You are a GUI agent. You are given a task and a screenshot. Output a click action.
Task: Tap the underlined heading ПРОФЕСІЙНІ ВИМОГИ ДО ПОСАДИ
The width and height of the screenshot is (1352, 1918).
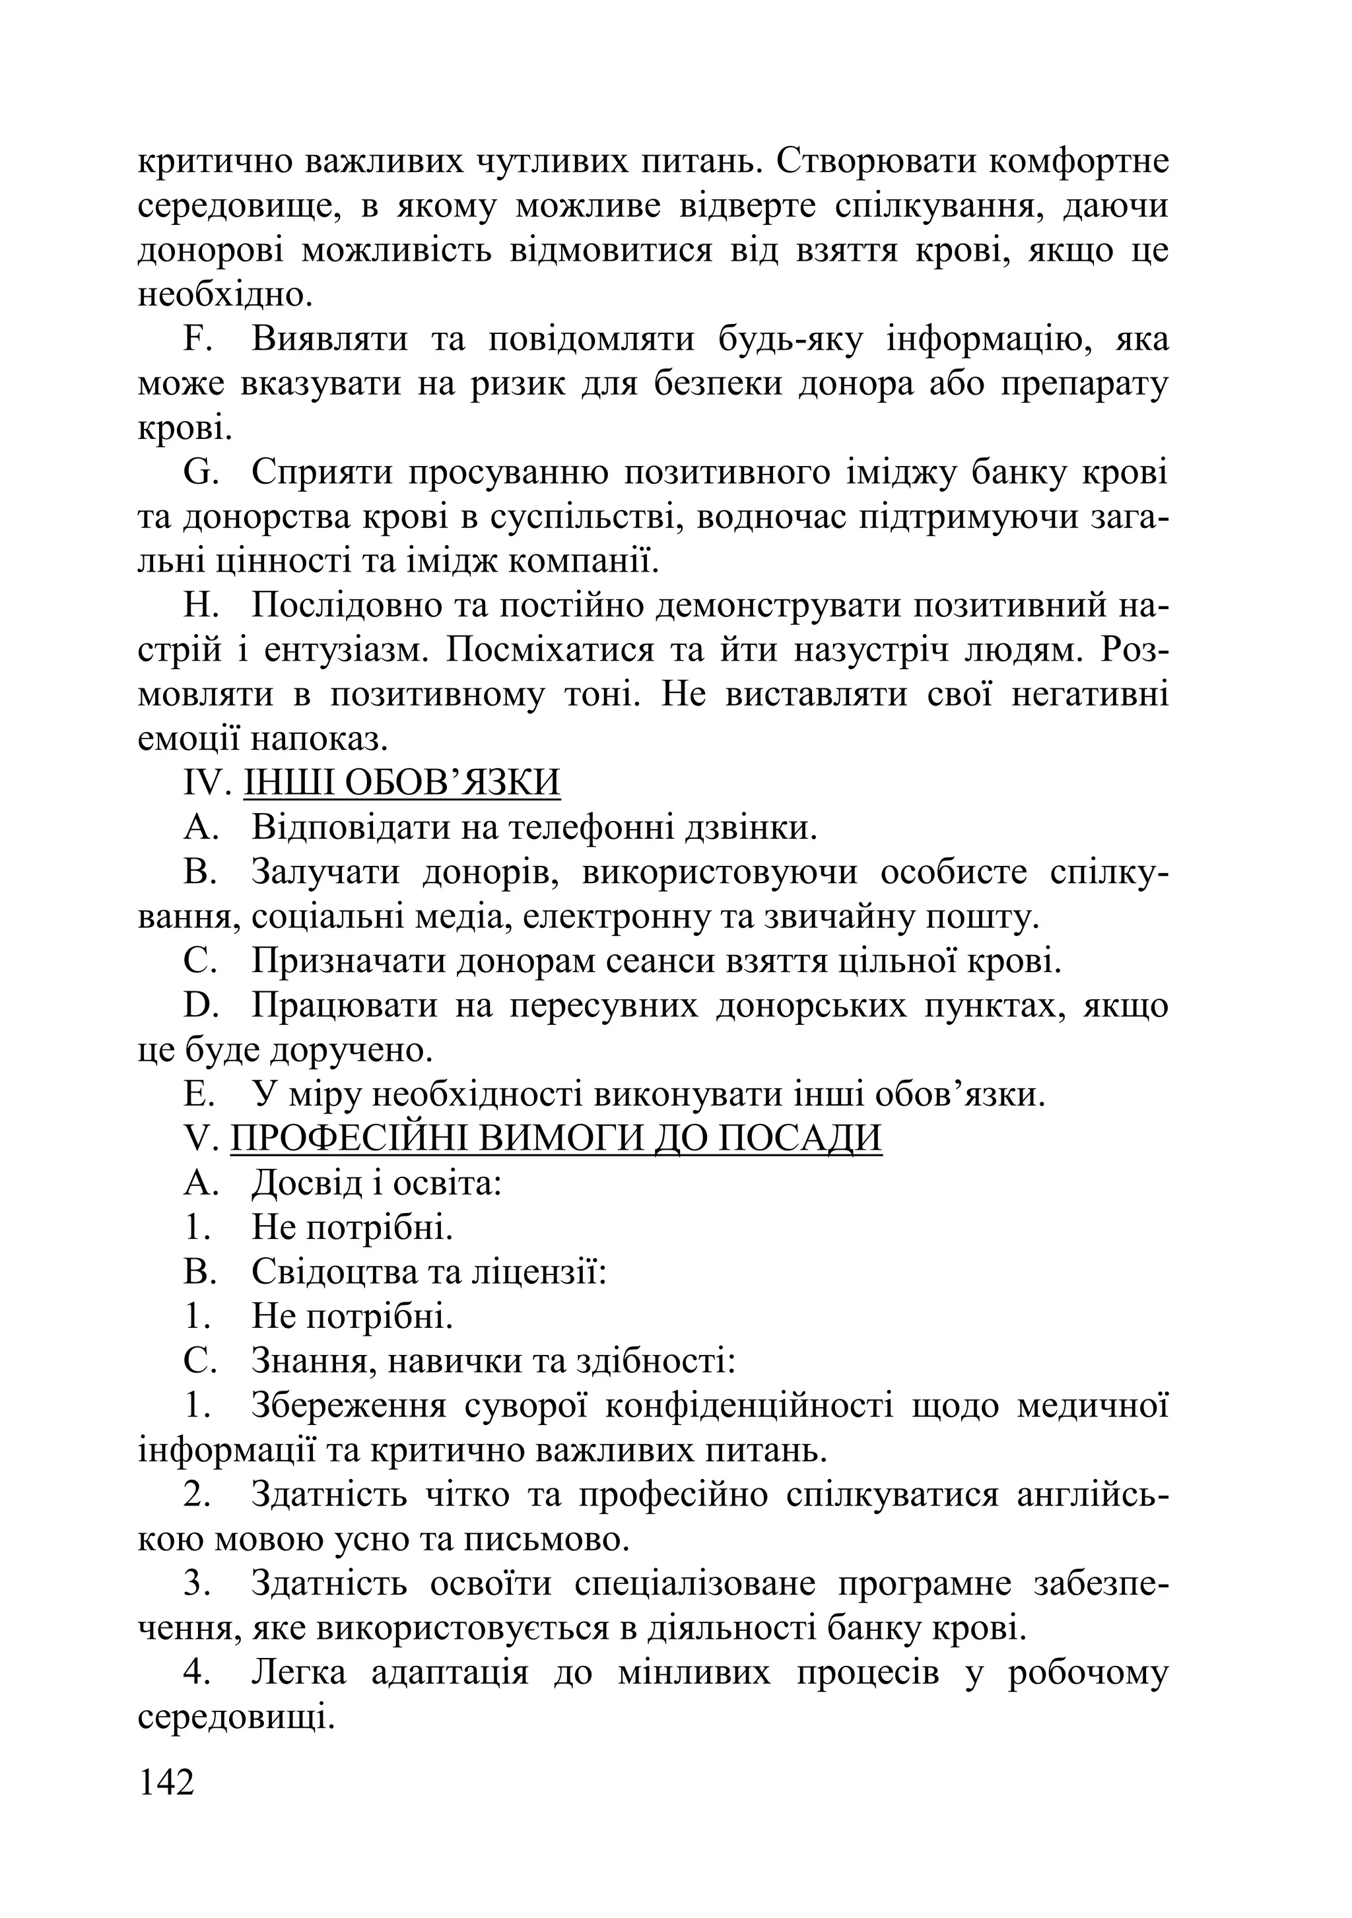click(x=556, y=1139)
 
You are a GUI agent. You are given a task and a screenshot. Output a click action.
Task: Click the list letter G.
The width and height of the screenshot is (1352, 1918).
click(x=201, y=473)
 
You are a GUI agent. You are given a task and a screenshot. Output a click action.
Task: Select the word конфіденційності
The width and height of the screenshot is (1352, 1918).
click(x=748, y=1406)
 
